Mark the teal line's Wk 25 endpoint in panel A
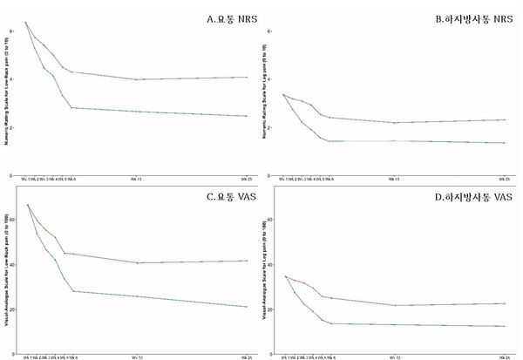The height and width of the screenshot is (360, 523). [247, 116]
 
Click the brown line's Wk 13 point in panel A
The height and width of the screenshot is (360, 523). [137, 79]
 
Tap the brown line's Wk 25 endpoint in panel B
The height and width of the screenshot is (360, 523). [504, 119]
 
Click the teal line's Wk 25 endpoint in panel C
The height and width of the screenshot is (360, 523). [247, 306]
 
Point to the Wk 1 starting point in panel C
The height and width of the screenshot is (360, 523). [27, 205]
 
